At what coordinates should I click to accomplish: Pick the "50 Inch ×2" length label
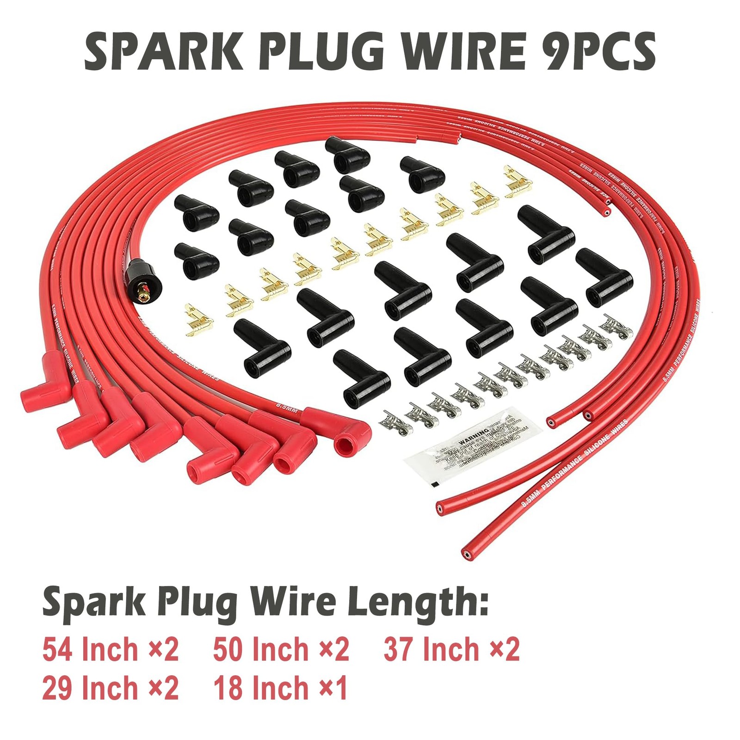(281, 649)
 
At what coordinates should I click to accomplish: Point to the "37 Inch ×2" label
(451, 649)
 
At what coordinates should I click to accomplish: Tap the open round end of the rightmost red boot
(344, 446)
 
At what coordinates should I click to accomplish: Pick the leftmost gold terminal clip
(197, 319)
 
